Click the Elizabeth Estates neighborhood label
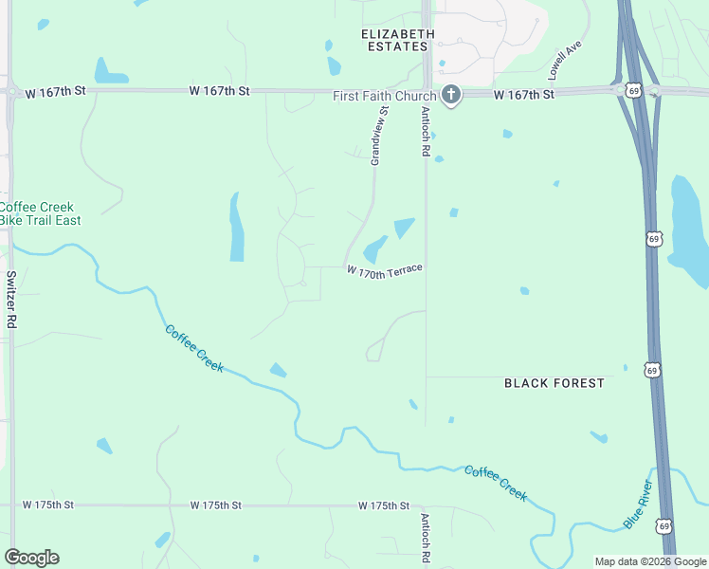click(398, 39)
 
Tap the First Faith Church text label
click(384, 96)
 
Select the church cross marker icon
click(450, 95)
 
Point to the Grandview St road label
click(380, 137)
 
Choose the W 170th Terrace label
click(384, 271)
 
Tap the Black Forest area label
click(554, 383)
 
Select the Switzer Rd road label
click(11, 300)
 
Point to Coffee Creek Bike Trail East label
click(40, 213)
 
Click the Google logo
click(31, 557)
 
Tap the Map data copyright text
click(649, 561)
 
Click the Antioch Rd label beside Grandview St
click(426, 131)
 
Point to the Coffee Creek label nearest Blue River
click(495, 483)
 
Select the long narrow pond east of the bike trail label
click(236, 227)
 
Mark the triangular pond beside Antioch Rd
click(404, 228)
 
